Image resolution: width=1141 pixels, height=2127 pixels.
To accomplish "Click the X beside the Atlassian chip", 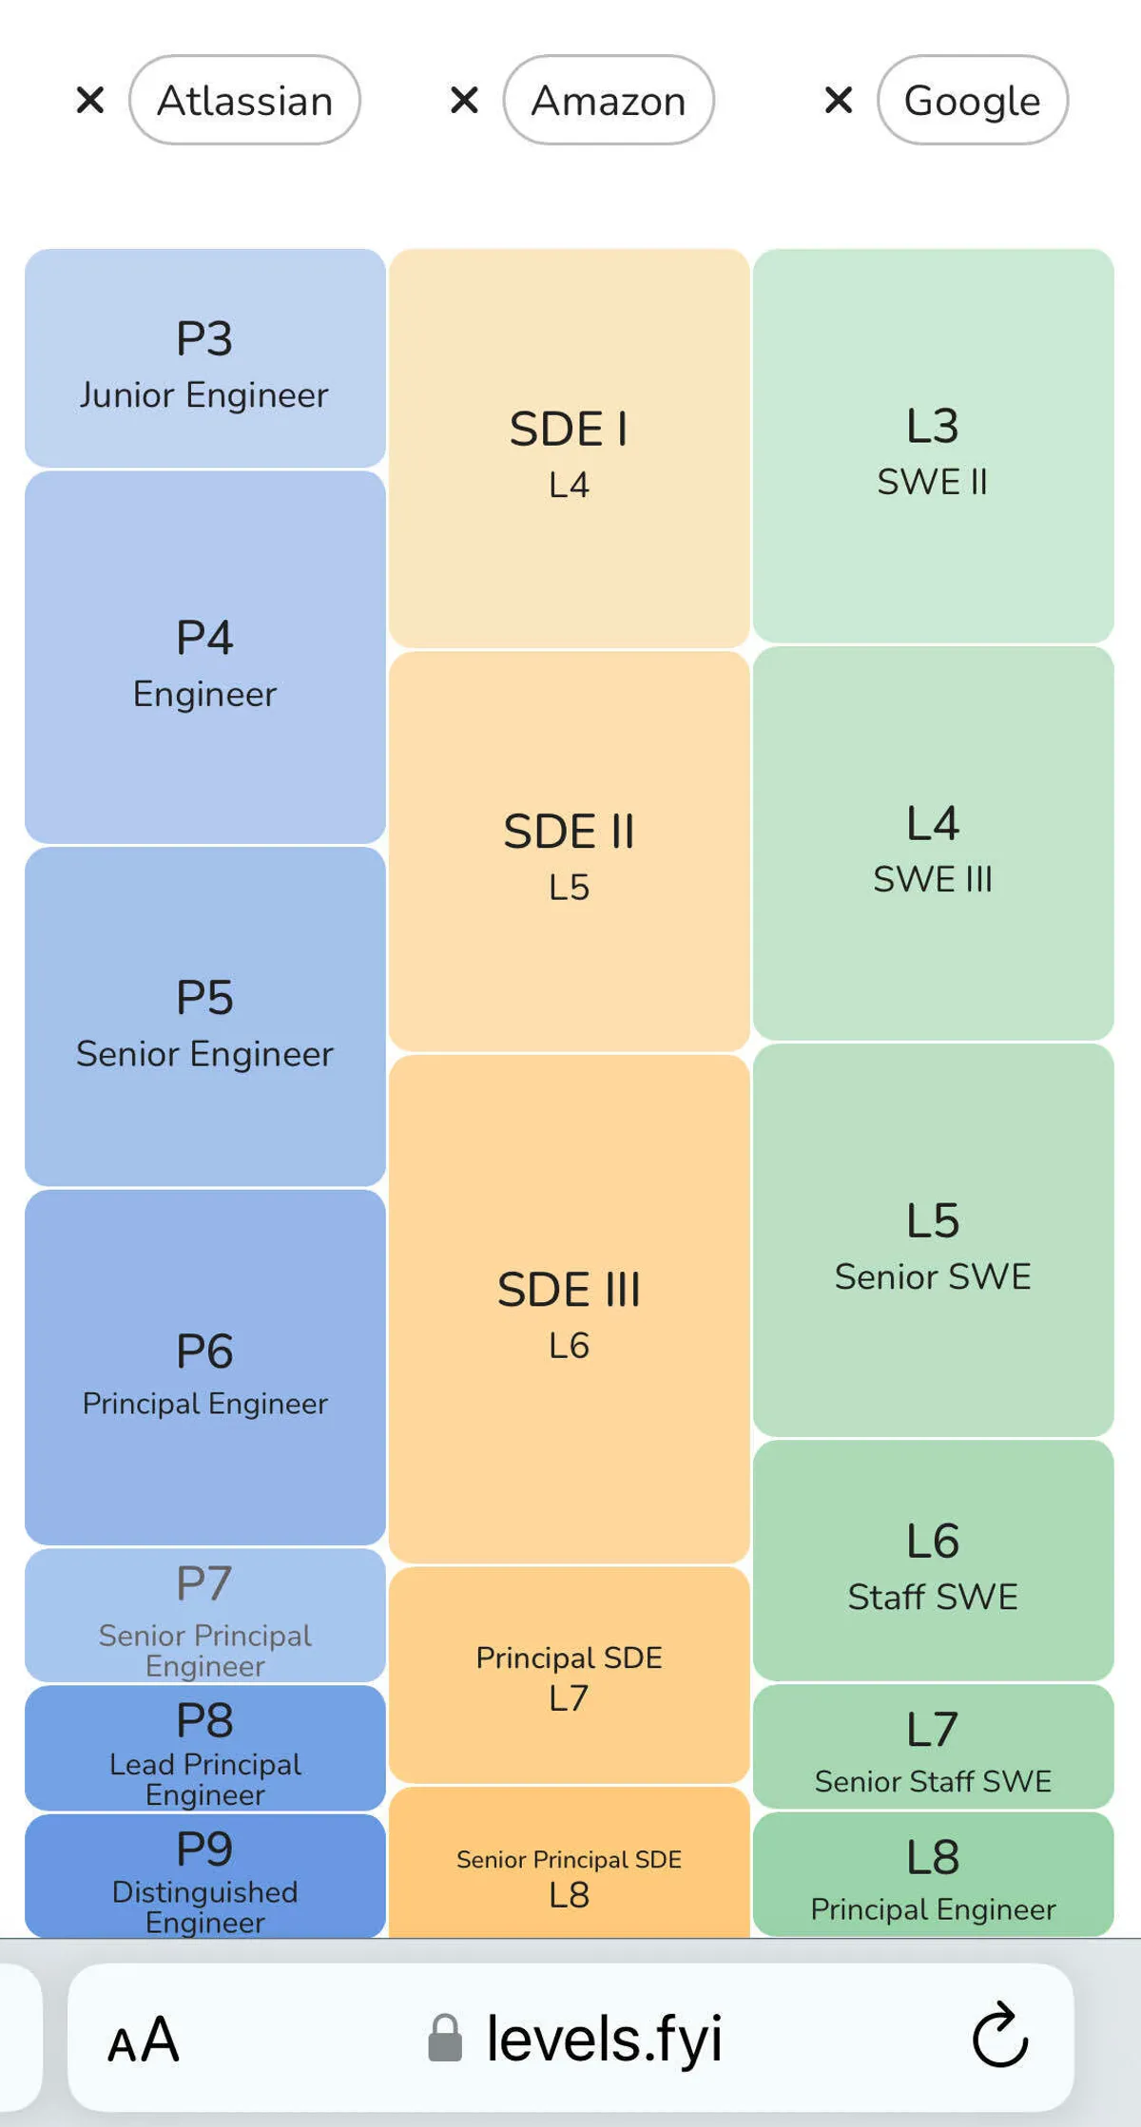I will click(x=90, y=100).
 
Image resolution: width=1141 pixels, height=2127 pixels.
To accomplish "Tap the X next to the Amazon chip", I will click(x=464, y=100).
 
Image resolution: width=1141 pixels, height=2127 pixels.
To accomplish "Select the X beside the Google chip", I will click(x=838, y=100).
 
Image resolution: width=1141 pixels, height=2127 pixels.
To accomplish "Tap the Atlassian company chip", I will click(x=244, y=100).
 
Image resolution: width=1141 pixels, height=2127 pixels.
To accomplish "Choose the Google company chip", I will click(x=972, y=100).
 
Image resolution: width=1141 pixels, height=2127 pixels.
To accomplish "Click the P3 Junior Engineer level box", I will click(x=204, y=358).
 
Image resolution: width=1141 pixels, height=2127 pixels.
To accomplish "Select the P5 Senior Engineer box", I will click(x=204, y=1017).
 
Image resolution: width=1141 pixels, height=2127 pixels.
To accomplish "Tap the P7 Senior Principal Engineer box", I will click(x=204, y=1615).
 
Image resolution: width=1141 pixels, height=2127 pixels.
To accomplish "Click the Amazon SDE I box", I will click(x=569, y=449).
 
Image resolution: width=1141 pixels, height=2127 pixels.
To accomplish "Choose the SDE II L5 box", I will click(x=569, y=852).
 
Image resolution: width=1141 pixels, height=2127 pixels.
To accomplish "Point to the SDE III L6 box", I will click(x=569, y=1309).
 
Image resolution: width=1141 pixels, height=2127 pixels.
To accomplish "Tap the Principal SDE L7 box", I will click(x=569, y=1675).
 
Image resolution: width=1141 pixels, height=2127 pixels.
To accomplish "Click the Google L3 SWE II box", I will click(x=933, y=447).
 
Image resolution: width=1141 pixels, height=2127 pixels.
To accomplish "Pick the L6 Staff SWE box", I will click(x=933, y=1561).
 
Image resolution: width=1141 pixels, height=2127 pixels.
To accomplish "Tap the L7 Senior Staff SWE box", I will click(x=933, y=1747).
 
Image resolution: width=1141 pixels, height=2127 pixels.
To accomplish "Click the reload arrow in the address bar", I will click(x=999, y=2036).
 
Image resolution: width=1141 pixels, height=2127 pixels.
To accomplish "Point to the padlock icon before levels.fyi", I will click(x=445, y=2038).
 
